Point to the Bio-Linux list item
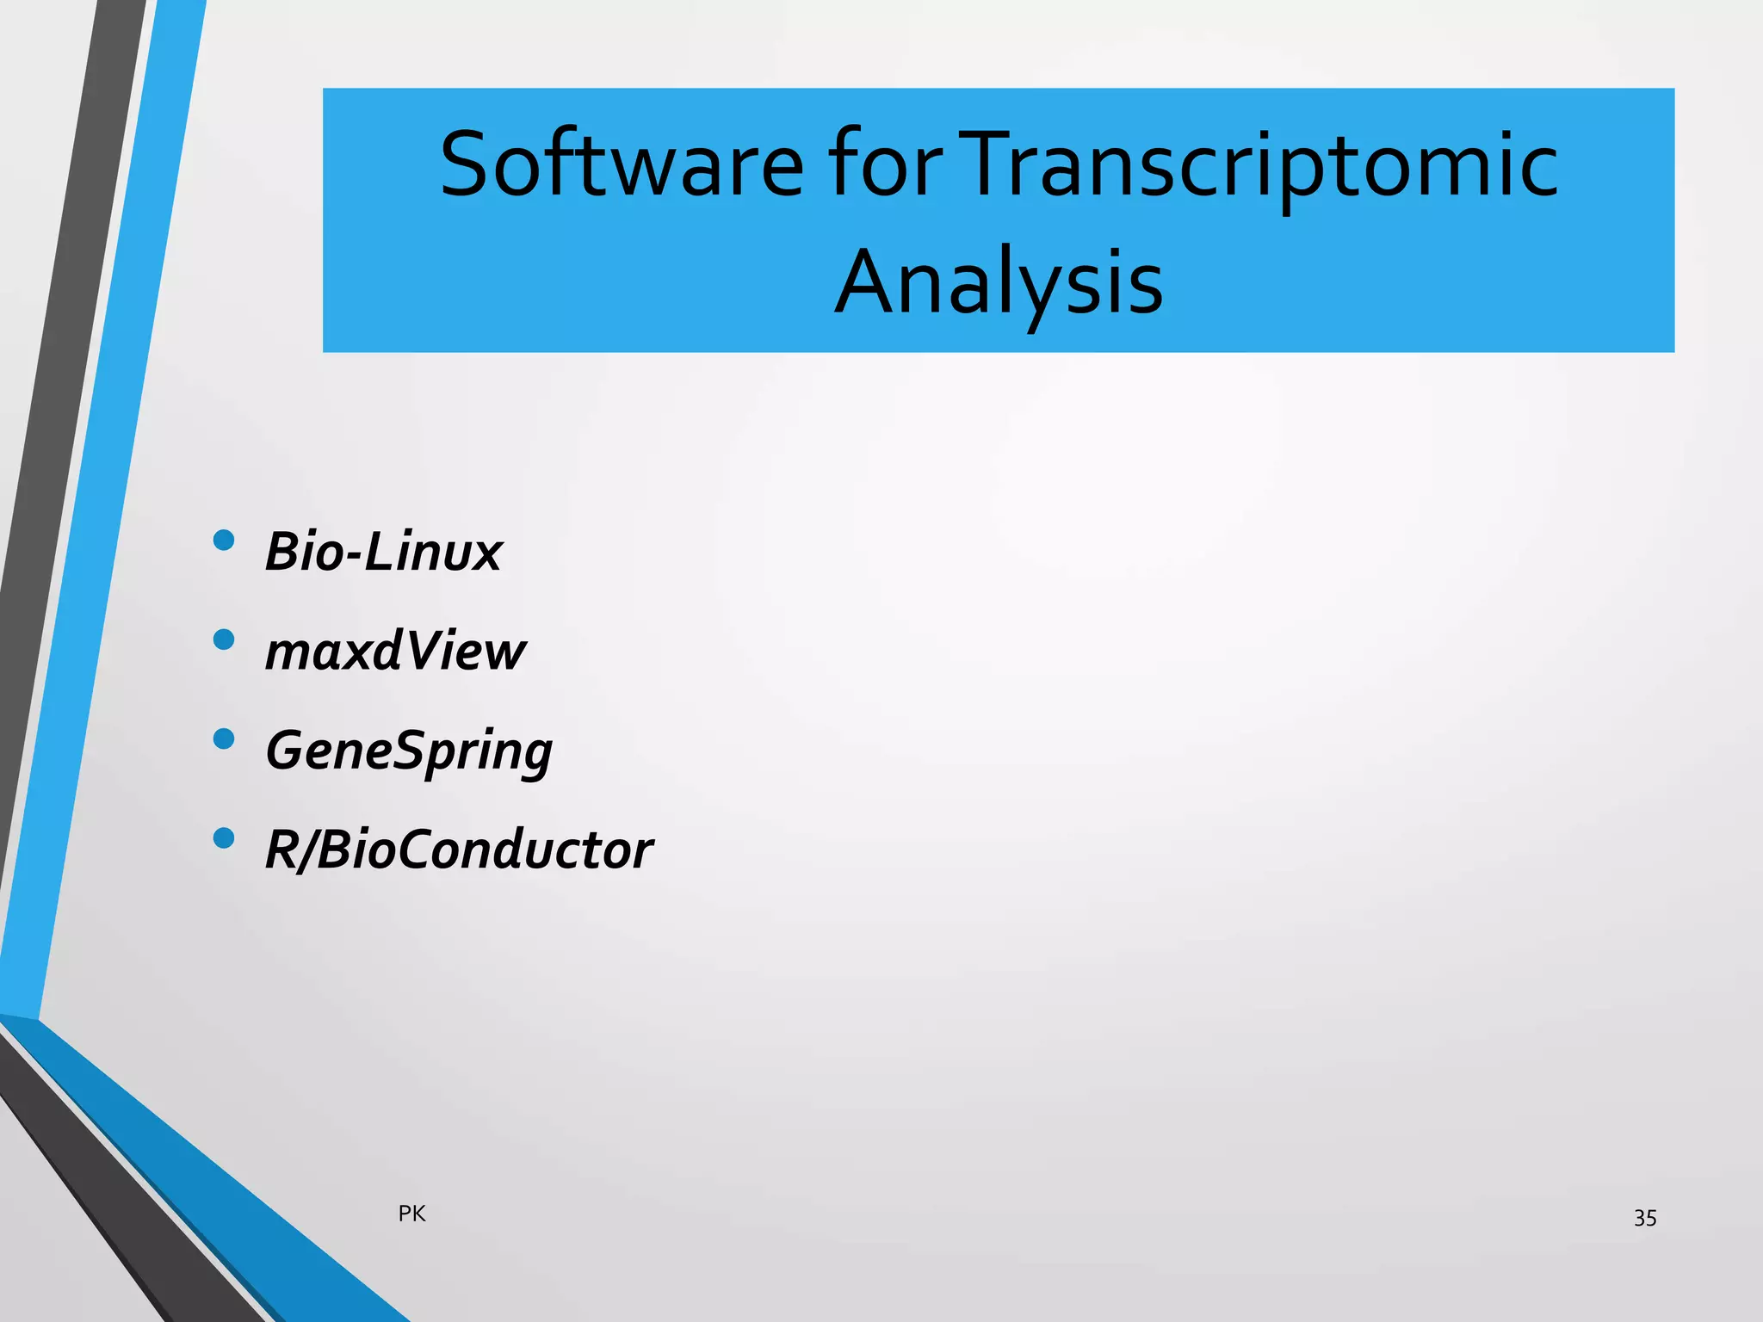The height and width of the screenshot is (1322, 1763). point(383,552)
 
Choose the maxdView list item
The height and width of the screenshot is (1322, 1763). point(395,652)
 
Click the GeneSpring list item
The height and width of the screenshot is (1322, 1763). point(409,751)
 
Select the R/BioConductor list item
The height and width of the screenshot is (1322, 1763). point(459,850)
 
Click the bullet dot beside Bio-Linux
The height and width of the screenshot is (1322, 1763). point(224,541)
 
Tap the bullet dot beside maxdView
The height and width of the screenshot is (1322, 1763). point(224,639)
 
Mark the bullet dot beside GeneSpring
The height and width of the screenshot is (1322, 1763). point(224,739)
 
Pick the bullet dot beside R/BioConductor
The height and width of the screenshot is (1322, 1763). point(224,838)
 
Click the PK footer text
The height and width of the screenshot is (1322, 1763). point(412,1214)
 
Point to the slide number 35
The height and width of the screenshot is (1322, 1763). point(1645,1218)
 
